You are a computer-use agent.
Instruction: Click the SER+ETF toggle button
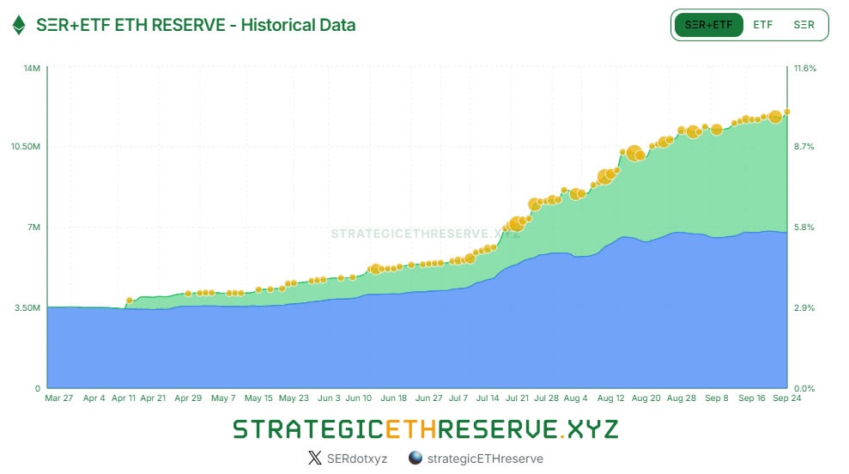[708, 25]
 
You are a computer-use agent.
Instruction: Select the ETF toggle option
[762, 25]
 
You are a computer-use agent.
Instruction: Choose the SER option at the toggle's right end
[804, 25]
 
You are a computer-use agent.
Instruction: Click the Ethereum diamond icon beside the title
[18, 25]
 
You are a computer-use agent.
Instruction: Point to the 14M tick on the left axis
[32, 68]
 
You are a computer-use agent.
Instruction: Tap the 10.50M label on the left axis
[26, 147]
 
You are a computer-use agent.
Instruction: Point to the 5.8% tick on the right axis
[804, 228]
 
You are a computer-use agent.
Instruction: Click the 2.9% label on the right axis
[804, 307]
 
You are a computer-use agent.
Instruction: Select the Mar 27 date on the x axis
[60, 398]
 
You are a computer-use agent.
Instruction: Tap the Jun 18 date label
[393, 398]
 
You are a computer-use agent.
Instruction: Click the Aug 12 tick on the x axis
[610, 398]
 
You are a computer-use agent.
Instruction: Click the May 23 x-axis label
[294, 398]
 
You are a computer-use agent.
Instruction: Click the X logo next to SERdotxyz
[314, 459]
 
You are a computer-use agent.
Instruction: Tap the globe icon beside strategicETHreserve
[415, 459]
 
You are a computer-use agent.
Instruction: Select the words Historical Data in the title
[298, 25]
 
